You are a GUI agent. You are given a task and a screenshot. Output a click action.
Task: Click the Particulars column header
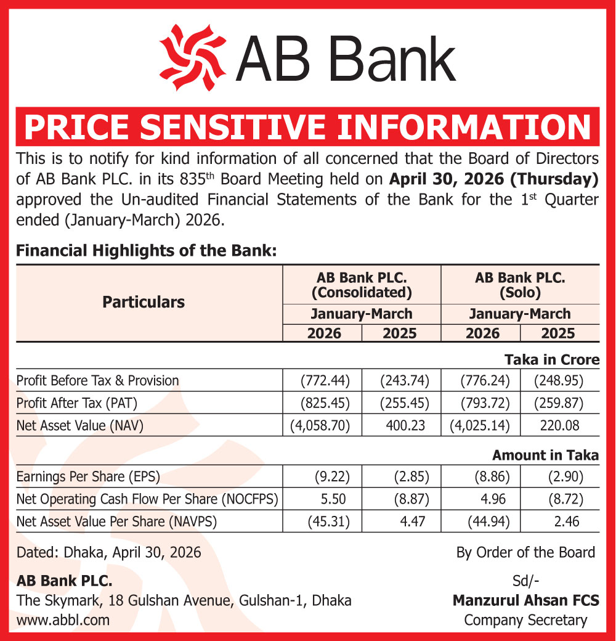[144, 302]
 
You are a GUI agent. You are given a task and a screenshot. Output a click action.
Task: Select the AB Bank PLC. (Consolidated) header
[362, 284]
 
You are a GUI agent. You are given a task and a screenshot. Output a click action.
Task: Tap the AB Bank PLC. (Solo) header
[521, 284]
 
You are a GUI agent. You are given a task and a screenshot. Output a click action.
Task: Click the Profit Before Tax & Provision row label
[98, 380]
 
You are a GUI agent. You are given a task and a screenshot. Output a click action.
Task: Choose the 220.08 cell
[560, 426]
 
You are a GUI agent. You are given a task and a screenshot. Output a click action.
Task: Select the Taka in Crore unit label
[552, 359]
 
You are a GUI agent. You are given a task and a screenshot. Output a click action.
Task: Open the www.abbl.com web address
[63, 620]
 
